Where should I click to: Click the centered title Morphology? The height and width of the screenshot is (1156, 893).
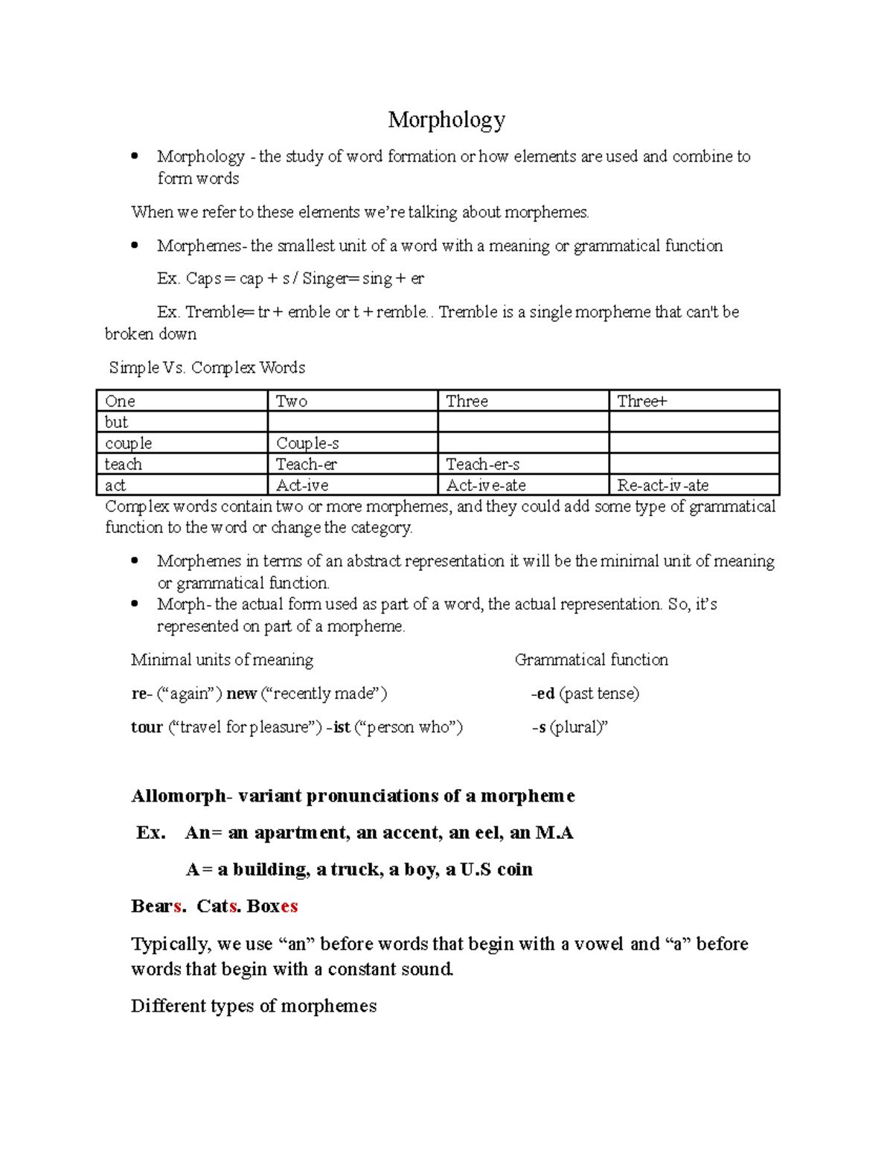[446, 119]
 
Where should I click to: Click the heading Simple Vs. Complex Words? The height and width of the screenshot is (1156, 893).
[207, 368]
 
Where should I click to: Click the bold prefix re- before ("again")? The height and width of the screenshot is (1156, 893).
[141, 694]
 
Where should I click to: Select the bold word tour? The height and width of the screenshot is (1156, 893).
[147, 727]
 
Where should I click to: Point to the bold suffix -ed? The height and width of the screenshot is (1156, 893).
[544, 694]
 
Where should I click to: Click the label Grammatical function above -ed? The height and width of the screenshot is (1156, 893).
[591, 660]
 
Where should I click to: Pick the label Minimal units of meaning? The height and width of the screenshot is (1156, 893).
[222, 660]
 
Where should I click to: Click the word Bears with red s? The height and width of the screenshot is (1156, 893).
[156, 907]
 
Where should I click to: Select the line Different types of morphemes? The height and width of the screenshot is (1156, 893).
[253, 1006]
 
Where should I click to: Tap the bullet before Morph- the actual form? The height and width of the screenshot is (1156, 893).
[135, 604]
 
